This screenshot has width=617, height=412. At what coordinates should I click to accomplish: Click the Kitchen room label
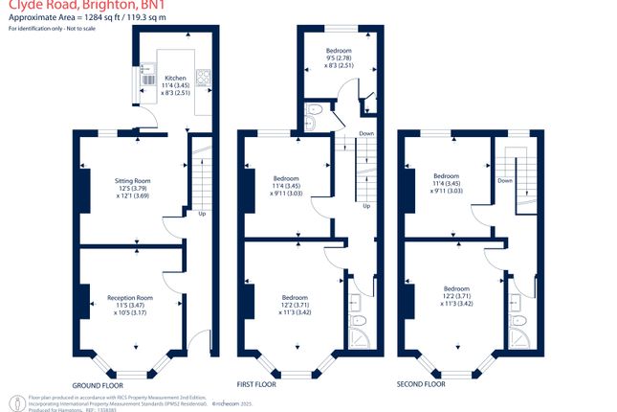[175, 78]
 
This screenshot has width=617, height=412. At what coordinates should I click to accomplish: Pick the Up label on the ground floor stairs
[202, 214]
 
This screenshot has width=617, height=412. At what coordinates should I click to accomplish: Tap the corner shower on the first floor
[359, 341]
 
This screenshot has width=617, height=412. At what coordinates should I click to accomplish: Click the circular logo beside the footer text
[14, 399]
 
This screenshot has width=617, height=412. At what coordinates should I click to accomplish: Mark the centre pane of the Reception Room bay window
[129, 370]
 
